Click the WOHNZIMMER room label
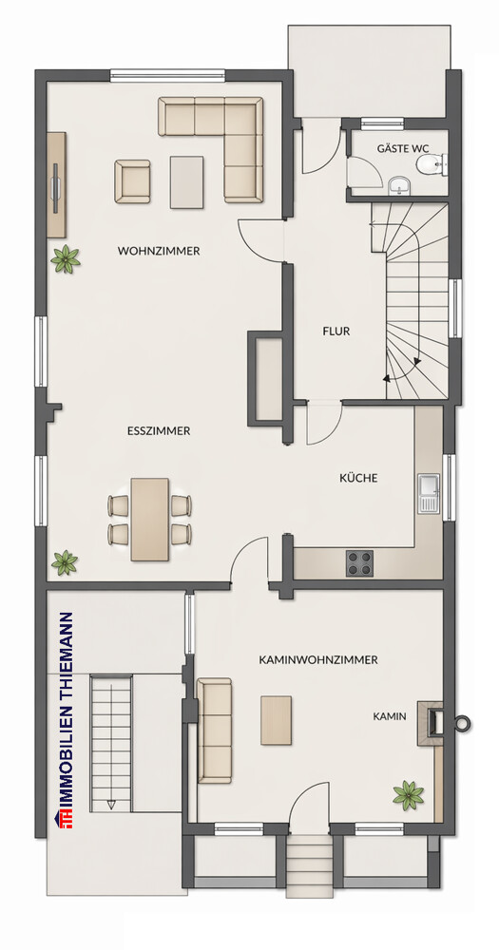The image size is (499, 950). point(159,251)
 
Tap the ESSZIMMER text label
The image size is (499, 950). point(159,430)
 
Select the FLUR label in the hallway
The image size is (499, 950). point(336,332)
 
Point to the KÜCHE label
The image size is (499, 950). point(358,478)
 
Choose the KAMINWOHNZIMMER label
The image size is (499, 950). point(318,658)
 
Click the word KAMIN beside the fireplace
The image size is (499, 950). point(390,717)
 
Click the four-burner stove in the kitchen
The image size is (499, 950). point(360,563)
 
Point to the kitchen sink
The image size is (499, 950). point(429,494)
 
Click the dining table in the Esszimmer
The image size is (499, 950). point(150,519)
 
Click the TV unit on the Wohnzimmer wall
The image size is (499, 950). point(58,184)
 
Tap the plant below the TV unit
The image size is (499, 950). point(66,258)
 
